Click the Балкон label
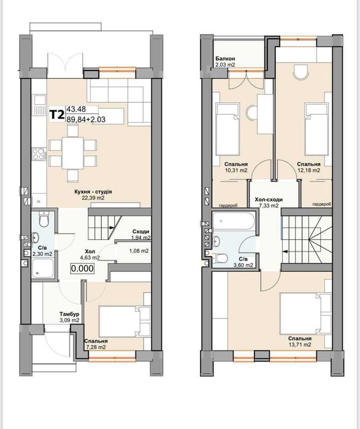point(225,58)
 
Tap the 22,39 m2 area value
point(93,198)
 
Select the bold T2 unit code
point(57,115)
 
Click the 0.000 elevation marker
point(82,268)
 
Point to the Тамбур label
point(69,314)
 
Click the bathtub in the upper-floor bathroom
point(234,221)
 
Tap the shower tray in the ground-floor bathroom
point(43,268)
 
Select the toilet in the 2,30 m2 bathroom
point(44,218)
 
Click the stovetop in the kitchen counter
point(39,153)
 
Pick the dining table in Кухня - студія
point(73,153)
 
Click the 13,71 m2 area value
point(299,345)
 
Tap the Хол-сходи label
point(269,199)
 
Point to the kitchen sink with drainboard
point(39,105)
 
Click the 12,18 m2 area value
point(308,170)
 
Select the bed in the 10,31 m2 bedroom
point(228,129)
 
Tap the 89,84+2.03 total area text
point(86,119)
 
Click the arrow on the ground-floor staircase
point(112,227)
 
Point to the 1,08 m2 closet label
point(139,250)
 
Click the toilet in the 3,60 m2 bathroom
point(221,258)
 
